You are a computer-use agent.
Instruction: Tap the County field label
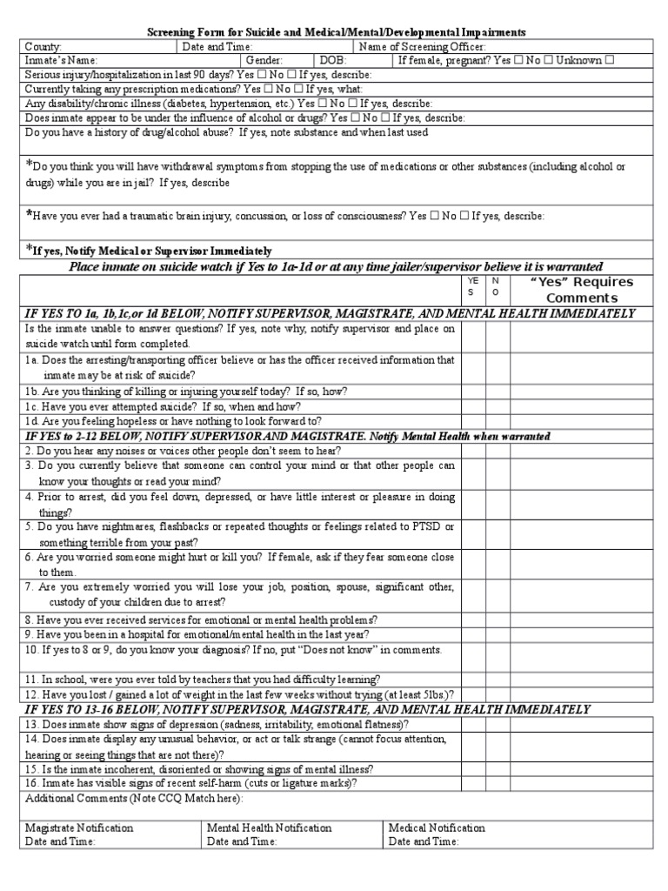[43, 47]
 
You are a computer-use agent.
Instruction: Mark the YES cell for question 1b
[472, 392]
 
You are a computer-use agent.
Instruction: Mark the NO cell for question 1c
[497, 406]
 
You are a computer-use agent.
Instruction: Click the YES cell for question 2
[472, 451]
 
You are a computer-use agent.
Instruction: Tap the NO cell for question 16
[497, 783]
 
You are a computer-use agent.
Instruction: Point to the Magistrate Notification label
[79, 828]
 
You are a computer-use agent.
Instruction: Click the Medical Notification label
[437, 828]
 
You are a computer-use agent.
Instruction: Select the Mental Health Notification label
[269, 828]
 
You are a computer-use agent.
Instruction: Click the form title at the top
[334, 32]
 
